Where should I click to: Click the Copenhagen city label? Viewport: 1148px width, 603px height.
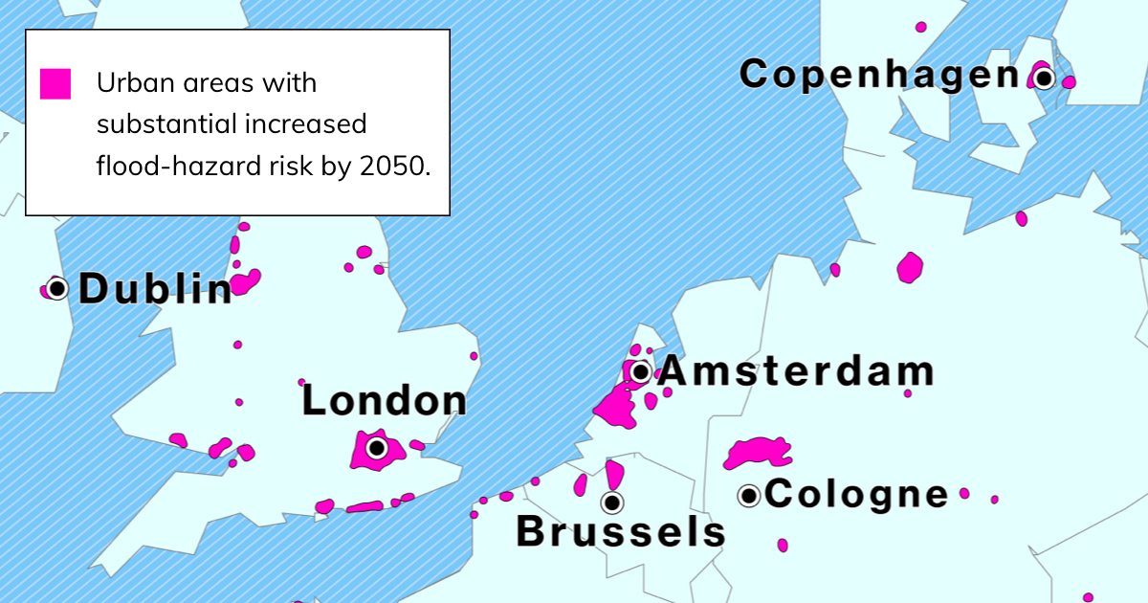point(879,75)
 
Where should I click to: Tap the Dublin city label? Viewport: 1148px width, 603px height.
point(155,289)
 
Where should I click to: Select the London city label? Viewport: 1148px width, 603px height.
point(385,401)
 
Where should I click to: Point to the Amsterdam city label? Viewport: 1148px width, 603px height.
point(796,371)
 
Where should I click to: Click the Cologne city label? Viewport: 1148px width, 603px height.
point(857,495)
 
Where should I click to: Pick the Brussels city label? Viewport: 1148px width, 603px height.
point(621,532)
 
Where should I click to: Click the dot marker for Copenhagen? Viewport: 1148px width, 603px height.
point(1043,77)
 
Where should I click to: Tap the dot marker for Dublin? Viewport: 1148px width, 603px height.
point(57,287)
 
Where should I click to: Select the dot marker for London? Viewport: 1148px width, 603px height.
point(377,447)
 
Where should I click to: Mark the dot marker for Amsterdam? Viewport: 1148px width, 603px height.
point(640,371)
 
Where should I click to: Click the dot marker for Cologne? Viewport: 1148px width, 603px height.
point(749,496)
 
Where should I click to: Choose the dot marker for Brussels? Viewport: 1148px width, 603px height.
point(611,502)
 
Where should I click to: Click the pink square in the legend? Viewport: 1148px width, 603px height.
point(55,84)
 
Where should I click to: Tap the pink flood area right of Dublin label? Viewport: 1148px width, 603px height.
point(245,281)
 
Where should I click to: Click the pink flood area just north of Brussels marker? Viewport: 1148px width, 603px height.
point(613,475)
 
